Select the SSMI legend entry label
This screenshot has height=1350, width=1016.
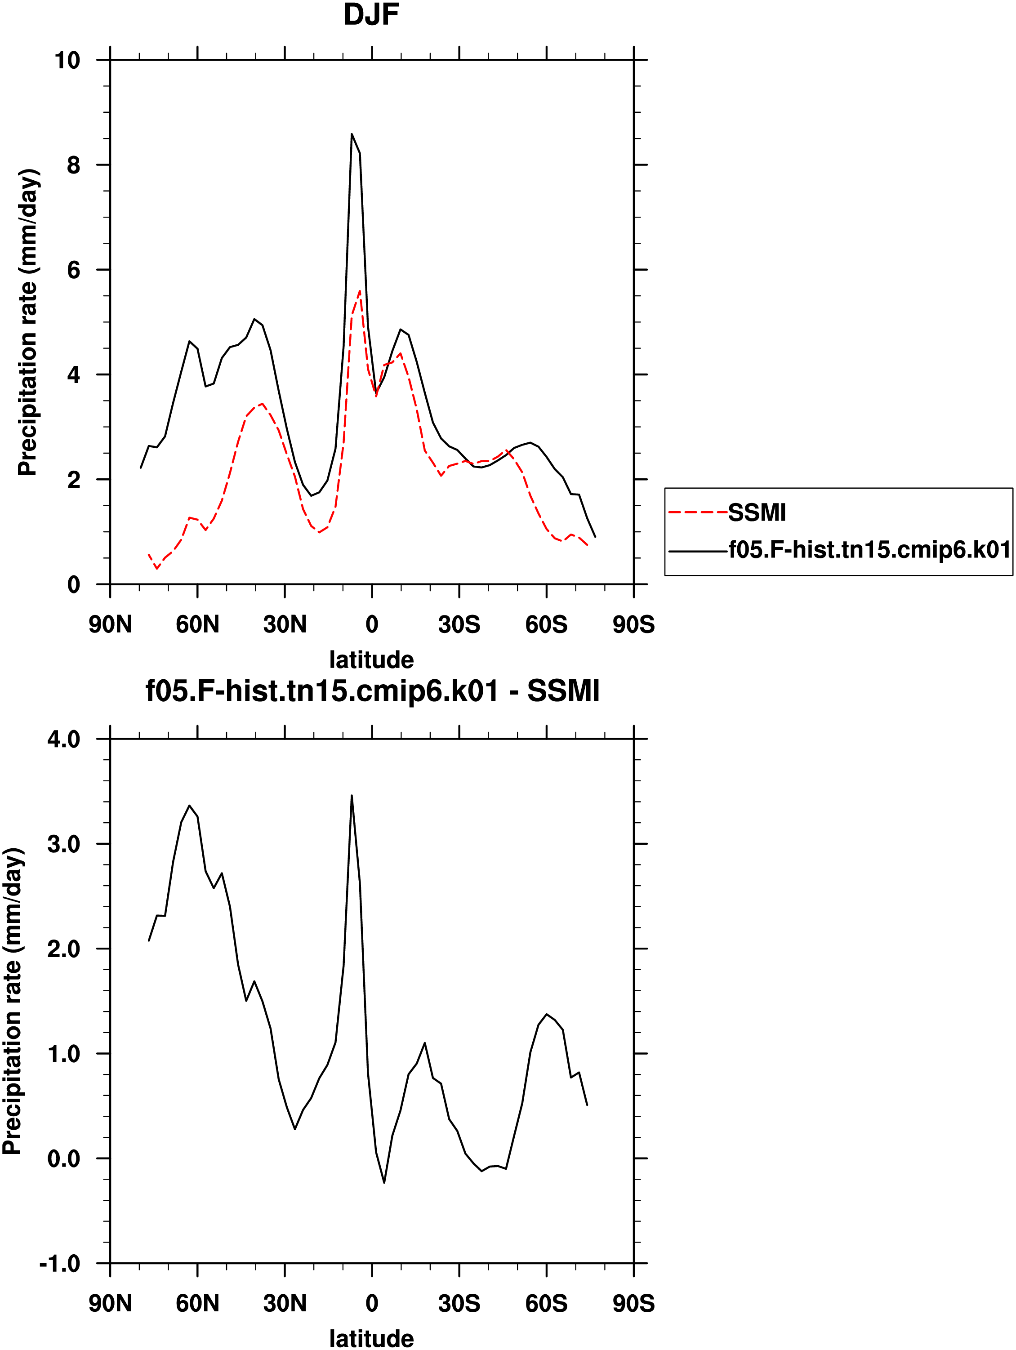click(x=757, y=512)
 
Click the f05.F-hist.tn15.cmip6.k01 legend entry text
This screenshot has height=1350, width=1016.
click(x=869, y=550)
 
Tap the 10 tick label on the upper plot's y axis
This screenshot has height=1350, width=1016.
click(x=67, y=60)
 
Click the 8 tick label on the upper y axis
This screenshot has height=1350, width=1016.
click(x=73, y=165)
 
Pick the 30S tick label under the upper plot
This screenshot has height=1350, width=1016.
click(x=459, y=624)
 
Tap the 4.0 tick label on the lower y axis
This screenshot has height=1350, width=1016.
click(x=63, y=739)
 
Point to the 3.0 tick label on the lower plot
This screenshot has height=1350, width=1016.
click(x=63, y=844)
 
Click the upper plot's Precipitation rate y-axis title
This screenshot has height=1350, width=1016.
click(x=27, y=322)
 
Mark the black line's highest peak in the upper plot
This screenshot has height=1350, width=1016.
click(x=352, y=134)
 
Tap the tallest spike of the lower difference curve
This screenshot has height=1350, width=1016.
click(x=352, y=795)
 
